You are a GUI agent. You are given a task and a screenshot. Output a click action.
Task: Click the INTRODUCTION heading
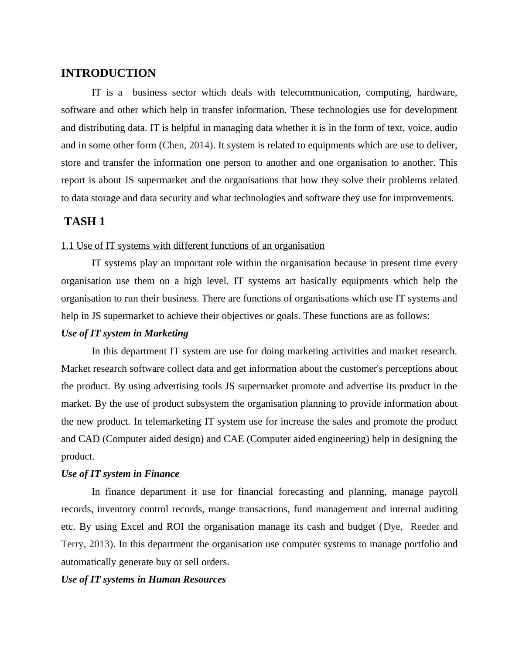tap(108, 73)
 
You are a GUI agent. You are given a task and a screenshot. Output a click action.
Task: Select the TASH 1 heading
tap(85, 222)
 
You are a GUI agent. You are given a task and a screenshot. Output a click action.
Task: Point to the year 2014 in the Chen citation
tap(199, 145)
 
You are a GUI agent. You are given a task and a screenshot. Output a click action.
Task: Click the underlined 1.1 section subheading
tap(193, 246)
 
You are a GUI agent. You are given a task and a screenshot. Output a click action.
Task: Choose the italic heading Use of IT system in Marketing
tap(125, 333)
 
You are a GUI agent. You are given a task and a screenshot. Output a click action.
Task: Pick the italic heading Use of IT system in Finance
tap(120, 474)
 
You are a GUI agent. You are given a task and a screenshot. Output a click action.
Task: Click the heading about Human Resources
tap(143, 579)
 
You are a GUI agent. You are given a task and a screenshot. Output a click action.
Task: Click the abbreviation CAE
tap(234, 439)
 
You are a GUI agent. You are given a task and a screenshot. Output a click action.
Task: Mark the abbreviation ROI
tap(175, 527)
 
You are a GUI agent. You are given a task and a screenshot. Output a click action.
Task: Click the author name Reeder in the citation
tap(425, 527)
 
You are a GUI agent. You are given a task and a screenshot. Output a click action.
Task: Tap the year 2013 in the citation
tap(99, 544)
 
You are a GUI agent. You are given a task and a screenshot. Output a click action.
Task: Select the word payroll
tap(443, 492)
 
